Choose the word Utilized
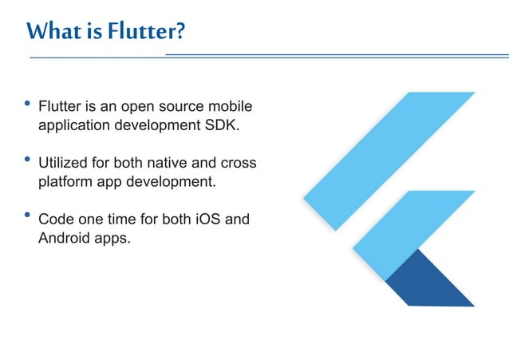65,163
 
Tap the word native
176,163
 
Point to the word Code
55,219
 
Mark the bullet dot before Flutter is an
29,104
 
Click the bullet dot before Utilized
29,160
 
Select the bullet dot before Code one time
29,216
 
